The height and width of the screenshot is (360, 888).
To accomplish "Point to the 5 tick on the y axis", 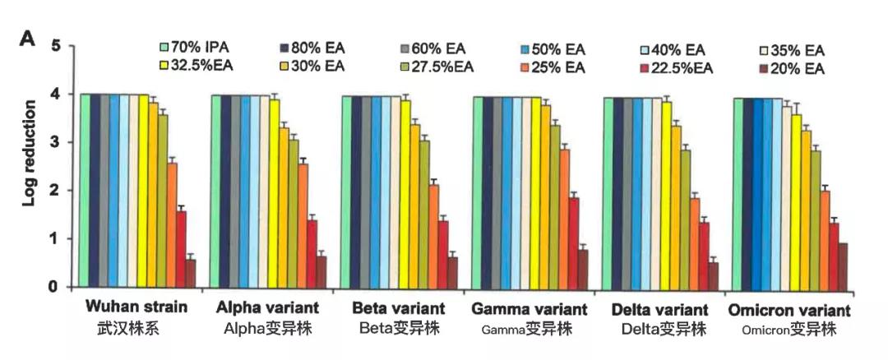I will (x=56, y=46).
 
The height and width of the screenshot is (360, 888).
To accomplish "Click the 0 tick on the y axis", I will (x=56, y=287).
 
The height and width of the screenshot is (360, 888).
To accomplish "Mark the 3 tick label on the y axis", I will (x=56, y=143).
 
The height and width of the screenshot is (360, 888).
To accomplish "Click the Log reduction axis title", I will (x=30, y=165).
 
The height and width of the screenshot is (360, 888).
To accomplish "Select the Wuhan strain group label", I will (x=136, y=309).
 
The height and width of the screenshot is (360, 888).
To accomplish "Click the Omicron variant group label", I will (x=789, y=311).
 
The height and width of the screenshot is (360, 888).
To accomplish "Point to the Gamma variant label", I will (x=530, y=310).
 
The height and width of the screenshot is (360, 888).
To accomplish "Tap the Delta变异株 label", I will (x=659, y=330).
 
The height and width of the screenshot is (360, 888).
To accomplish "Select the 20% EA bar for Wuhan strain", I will (x=191, y=273).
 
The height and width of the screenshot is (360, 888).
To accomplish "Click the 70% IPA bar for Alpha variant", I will (x=215, y=191).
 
